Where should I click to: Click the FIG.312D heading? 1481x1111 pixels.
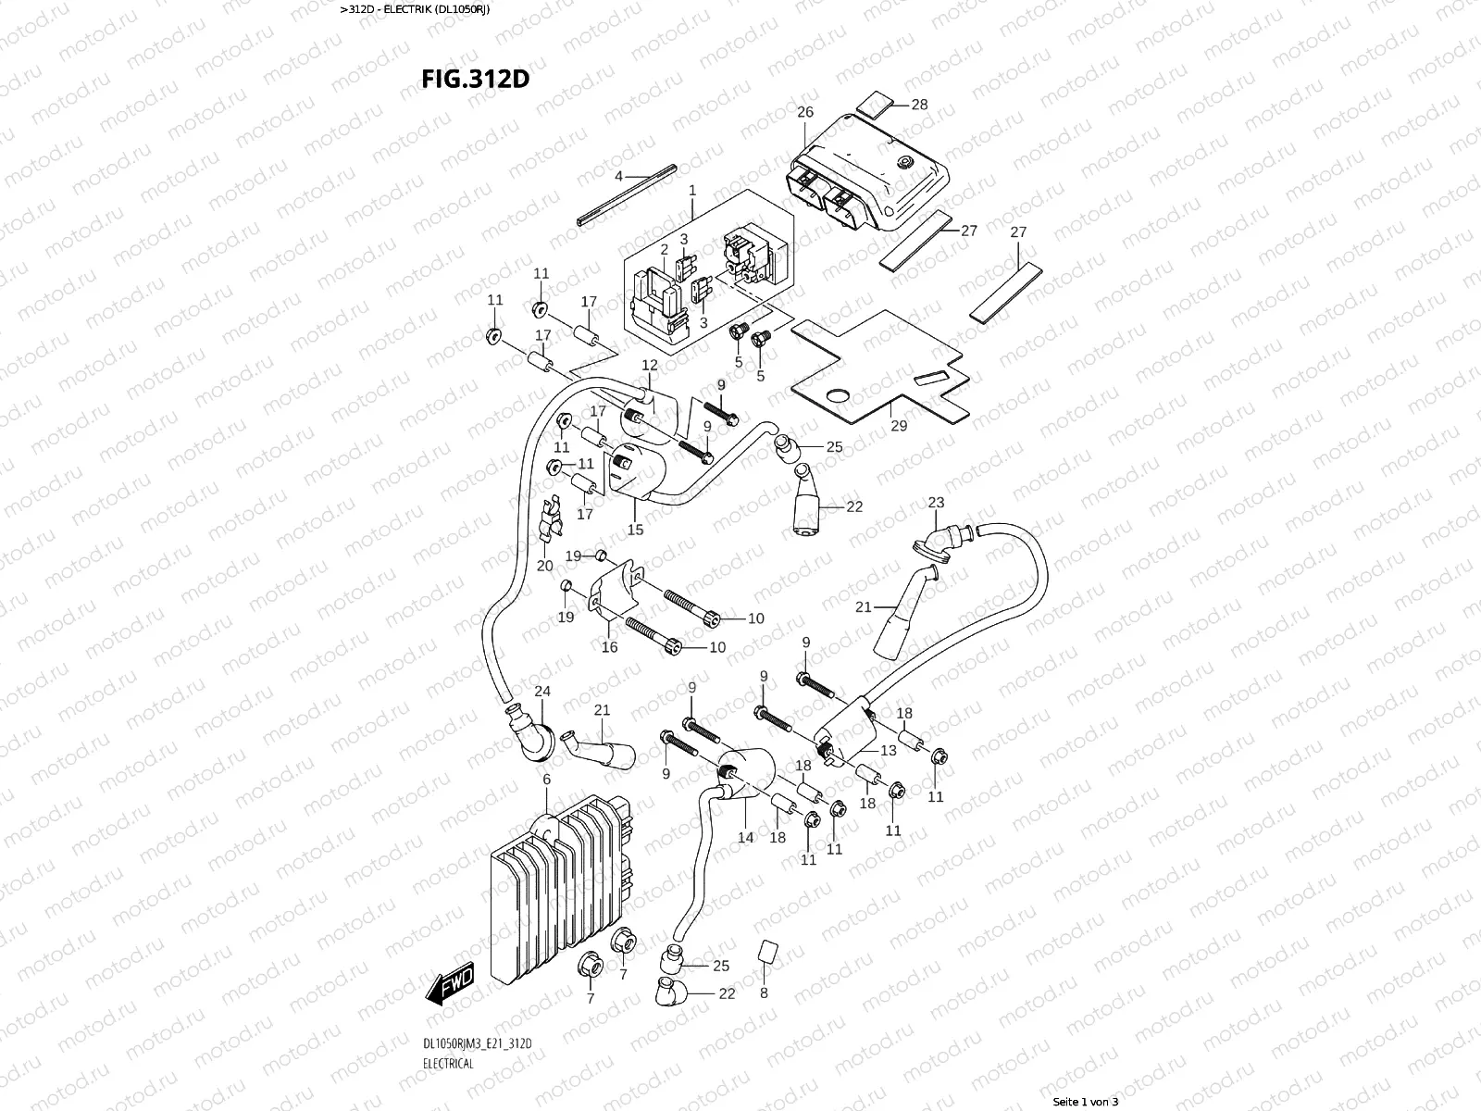(x=475, y=78)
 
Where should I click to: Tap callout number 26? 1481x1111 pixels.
(x=804, y=112)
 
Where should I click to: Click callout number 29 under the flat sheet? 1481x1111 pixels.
(x=898, y=426)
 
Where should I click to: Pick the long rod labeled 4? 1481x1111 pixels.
(x=626, y=195)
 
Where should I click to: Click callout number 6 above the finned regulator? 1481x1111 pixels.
(x=546, y=780)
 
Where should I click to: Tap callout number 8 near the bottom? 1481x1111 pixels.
(x=764, y=993)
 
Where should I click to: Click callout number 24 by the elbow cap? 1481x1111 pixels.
(x=541, y=692)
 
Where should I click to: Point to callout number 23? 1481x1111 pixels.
(x=936, y=503)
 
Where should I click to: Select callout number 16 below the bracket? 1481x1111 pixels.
(x=609, y=647)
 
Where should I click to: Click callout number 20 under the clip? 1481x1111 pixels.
(x=544, y=566)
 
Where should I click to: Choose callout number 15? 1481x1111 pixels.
(x=635, y=530)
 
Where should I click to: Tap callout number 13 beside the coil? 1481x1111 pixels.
(x=888, y=751)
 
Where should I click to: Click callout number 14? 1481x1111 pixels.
(x=746, y=837)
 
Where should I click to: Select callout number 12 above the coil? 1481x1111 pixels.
(x=649, y=366)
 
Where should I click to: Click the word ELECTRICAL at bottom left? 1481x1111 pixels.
(x=448, y=1063)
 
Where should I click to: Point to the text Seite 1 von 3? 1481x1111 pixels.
(x=1086, y=1102)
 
